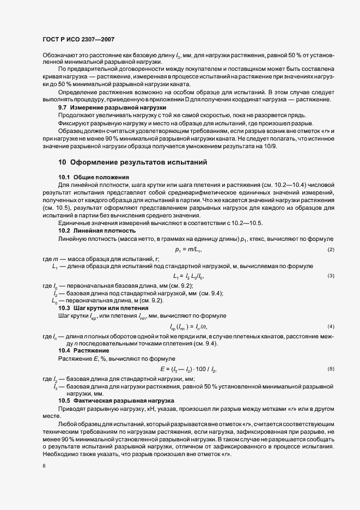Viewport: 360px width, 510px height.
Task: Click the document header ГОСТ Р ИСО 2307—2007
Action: pyautogui.click(x=78, y=39)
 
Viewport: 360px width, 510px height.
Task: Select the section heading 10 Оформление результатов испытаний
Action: pyautogui.click(x=132, y=162)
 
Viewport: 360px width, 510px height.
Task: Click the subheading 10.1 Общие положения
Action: pyautogui.click(x=93, y=177)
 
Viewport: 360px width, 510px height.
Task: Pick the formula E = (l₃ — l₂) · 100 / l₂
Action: pyautogui.click(x=188, y=369)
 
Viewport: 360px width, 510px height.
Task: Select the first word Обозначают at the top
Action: pyautogui.click(x=58, y=56)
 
